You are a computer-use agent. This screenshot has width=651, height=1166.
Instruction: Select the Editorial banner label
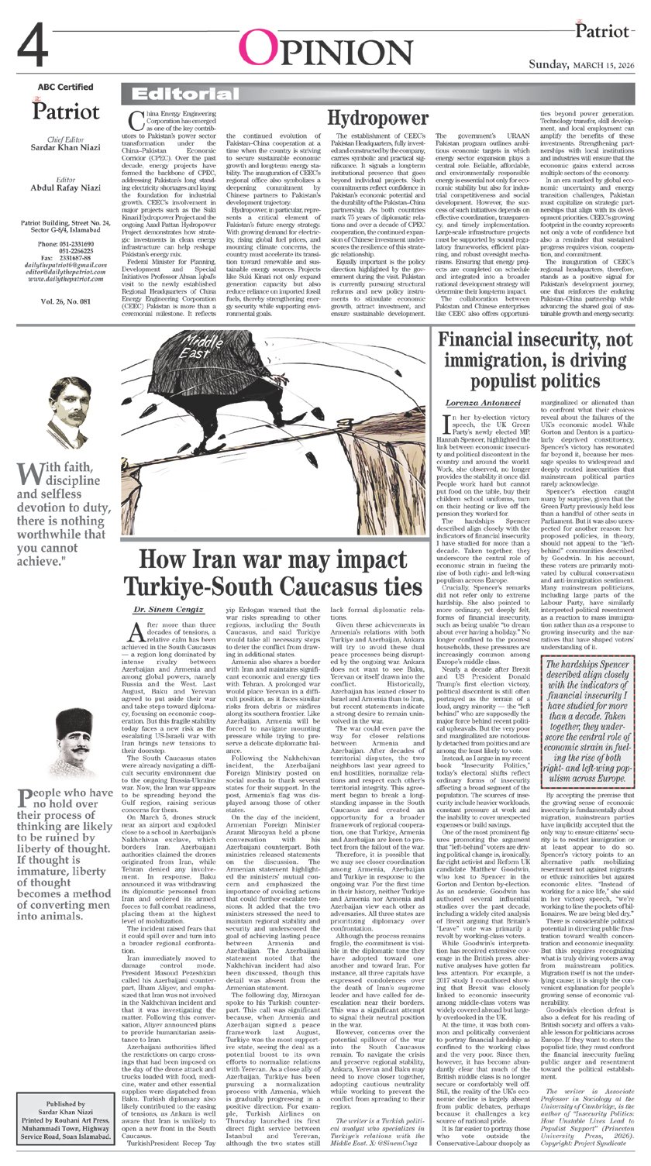[x=167, y=95]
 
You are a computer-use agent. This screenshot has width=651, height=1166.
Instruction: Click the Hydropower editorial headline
[x=377, y=119]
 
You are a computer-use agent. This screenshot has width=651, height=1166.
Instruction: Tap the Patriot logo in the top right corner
[x=600, y=31]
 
